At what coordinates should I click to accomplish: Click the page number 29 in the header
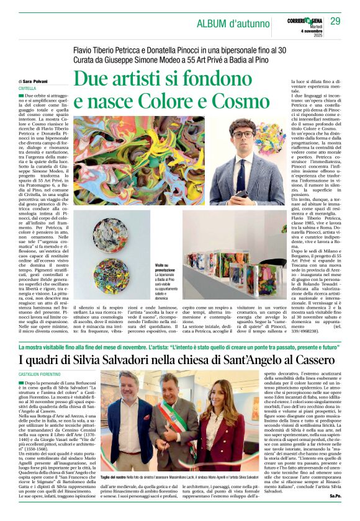click(335, 22)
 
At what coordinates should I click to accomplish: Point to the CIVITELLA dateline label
click(27, 88)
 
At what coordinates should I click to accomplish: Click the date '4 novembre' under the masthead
click(302, 33)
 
